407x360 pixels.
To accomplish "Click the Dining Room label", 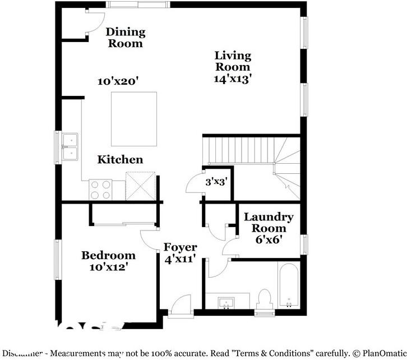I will tap(126, 38).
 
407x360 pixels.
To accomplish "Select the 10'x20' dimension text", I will tap(118, 81).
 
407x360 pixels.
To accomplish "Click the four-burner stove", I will tap(100, 190).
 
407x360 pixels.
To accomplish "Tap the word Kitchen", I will tap(120, 160).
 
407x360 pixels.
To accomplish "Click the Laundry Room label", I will tap(269, 223).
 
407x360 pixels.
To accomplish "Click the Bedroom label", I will tap(109, 256).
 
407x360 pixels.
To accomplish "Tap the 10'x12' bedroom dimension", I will tap(112, 267).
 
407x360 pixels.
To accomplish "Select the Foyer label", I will tap(180, 247).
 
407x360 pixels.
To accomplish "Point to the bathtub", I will tap(289, 285).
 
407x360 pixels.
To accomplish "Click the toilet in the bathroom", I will tap(265, 298).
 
